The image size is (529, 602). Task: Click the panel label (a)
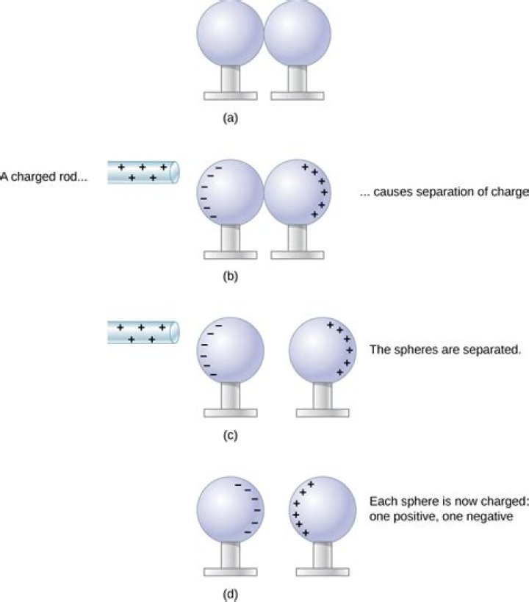point(230,118)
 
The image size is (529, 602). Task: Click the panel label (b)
point(230,276)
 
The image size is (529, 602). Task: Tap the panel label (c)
point(230,435)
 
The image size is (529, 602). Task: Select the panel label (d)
point(230,595)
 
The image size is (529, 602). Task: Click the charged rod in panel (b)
point(143,173)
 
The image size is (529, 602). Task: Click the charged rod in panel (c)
point(143,332)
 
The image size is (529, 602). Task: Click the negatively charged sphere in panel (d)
point(230,510)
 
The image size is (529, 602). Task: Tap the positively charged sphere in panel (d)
point(323,510)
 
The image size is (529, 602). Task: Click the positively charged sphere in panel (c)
point(323,351)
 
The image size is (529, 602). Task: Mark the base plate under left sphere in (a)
point(230,96)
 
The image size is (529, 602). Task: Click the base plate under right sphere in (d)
point(323,572)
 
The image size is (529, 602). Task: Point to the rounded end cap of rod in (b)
point(175,173)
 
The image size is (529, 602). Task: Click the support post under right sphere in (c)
point(323,396)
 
